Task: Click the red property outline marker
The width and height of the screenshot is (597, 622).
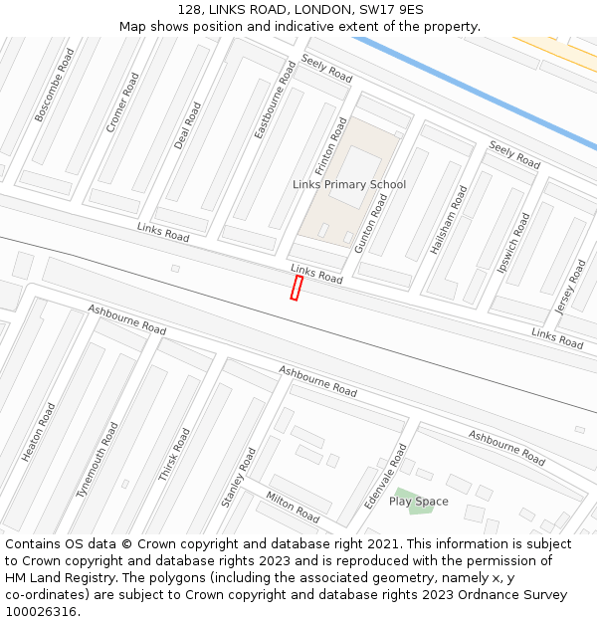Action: (296, 288)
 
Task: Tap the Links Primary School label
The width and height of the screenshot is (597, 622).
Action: (349, 184)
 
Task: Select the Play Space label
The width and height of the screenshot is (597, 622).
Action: (418, 502)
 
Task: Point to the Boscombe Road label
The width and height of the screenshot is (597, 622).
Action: (54, 86)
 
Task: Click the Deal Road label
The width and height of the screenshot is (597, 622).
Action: (187, 125)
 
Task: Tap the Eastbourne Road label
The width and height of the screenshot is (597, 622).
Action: (275, 100)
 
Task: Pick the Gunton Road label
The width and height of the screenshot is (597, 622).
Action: (371, 223)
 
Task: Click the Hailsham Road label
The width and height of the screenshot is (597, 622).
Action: (448, 220)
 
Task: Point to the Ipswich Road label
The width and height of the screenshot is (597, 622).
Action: (514, 243)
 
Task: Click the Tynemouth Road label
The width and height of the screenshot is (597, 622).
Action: (97, 460)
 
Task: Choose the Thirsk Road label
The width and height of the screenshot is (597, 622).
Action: (174, 455)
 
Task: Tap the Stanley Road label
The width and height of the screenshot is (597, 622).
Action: (239, 478)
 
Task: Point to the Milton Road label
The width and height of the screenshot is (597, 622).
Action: (292, 507)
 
